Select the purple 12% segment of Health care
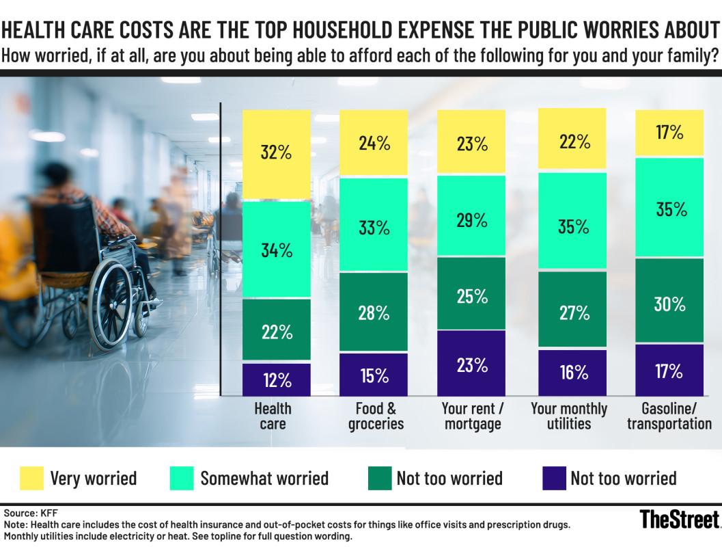coord(277,379)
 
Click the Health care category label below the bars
coord(273,416)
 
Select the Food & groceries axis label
coord(376,416)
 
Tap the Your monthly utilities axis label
coord(569,416)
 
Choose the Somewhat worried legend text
coord(264,478)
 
